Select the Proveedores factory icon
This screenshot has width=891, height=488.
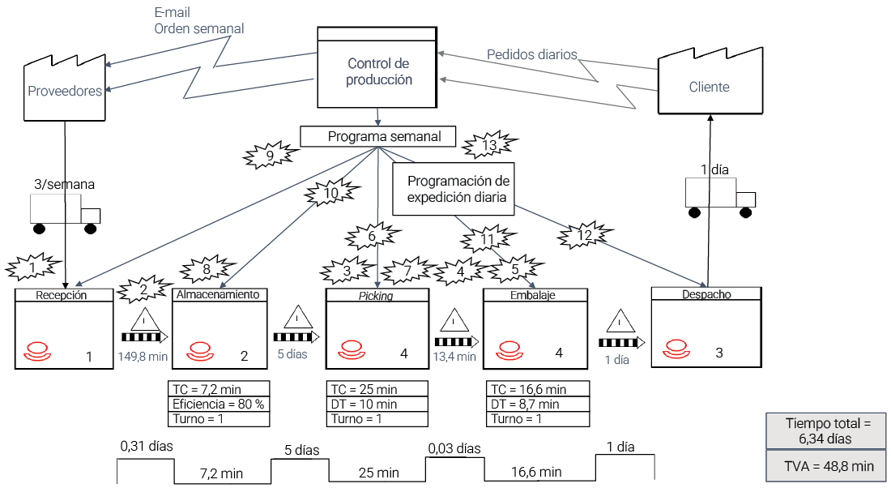click(x=64, y=85)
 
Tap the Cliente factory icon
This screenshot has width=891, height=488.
click(x=709, y=82)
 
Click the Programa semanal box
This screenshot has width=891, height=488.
click(x=378, y=136)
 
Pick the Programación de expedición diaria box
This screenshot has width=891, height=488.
click(x=454, y=189)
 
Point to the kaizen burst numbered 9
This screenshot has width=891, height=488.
click(x=270, y=154)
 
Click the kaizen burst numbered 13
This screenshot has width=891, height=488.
click(x=489, y=146)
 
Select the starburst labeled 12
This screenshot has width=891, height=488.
click(x=585, y=234)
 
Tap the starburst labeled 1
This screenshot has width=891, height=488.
click(x=32, y=265)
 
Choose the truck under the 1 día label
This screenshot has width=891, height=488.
click(x=720, y=198)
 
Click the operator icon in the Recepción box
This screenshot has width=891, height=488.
click(x=37, y=352)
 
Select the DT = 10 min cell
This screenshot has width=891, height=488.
click(x=377, y=404)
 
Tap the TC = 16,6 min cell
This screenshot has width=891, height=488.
click(x=538, y=389)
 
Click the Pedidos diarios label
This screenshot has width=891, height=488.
click(x=532, y=54)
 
